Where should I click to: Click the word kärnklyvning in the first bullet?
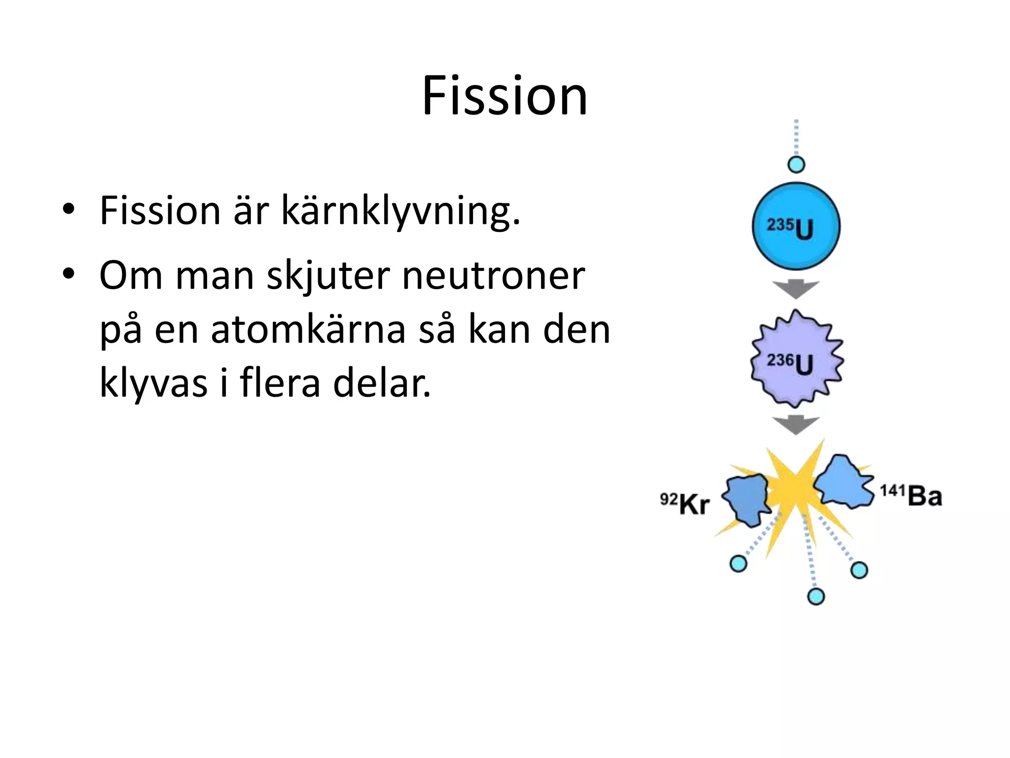coord(400,211)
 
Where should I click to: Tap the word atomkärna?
coord(308,330)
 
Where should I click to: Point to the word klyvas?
coord(153,384)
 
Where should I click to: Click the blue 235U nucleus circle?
coord(796,227)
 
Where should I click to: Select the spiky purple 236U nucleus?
coord(796,359)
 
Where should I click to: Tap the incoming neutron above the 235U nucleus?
coord(796,164)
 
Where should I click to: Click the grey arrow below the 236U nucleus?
coord(796,424)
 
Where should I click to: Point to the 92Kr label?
coord(685,504)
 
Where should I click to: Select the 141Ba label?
coord(910,495)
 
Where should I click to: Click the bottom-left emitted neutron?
coord(738,564)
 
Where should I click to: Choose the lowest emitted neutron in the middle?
coord(816,596)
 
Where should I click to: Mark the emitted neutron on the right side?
coord(859,570)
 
